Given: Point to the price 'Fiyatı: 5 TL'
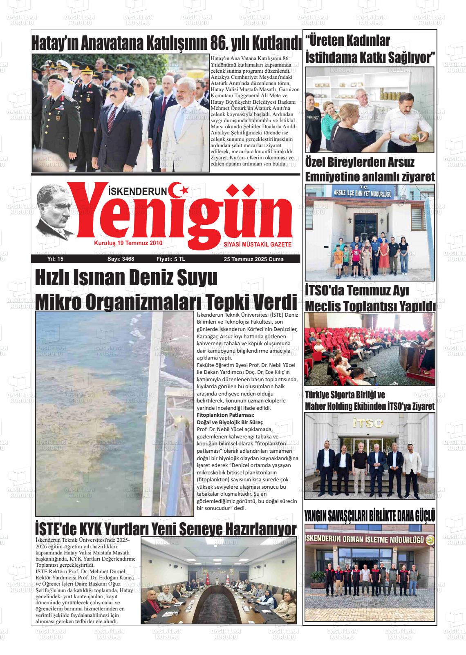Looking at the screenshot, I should tap(171, 259).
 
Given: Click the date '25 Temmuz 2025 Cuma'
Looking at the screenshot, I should tap(253, 259).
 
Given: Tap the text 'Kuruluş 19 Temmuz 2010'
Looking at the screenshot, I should tap(128, 243).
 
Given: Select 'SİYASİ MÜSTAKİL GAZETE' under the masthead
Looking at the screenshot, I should tap(258, 244).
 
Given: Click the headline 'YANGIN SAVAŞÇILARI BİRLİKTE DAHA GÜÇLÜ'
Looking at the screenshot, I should tap(370, 516).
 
